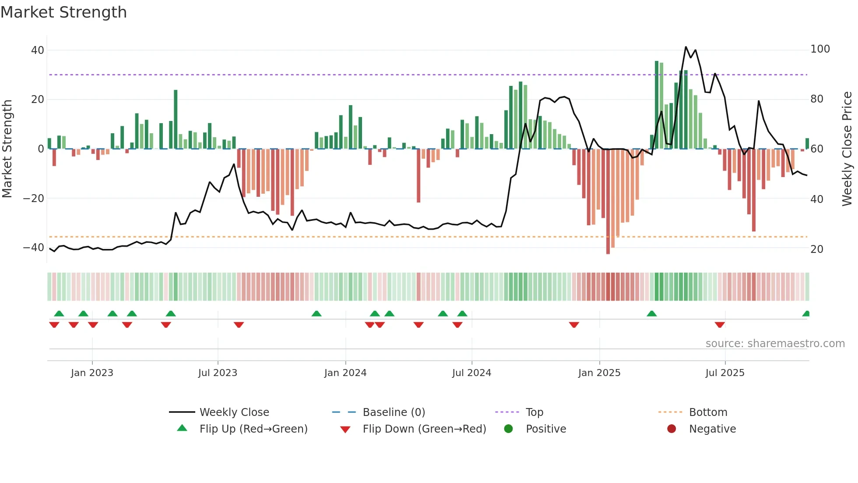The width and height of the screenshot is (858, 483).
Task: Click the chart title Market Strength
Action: pos(64,12)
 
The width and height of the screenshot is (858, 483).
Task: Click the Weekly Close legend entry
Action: pos(234,412)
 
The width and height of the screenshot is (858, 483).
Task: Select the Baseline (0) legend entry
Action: pos(394,412)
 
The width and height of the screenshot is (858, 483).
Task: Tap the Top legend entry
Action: pos(534,412)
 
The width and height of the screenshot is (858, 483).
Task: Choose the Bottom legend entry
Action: pos(708,412)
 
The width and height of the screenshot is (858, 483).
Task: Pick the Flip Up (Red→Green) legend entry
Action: pos(253,429)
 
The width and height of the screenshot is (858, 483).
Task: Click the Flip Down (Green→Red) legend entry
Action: pos(424,429)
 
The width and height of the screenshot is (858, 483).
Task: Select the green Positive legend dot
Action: pos(508,429)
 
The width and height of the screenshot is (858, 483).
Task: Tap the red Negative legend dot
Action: pos(672,429)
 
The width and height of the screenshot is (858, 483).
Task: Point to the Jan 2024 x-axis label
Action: pos(345,373)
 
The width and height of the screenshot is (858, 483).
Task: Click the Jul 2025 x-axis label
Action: pos(725,373)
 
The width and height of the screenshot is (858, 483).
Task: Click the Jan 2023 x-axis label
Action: pos(92,373)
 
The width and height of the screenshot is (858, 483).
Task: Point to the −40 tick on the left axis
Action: pos(34,248)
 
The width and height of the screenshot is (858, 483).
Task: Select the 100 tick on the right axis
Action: pos(820,49)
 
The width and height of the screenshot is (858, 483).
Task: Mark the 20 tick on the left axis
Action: pos(38,99)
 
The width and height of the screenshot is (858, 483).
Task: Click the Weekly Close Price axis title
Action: pos(847,149)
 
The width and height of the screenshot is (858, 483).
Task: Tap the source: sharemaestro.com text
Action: pos(775,344)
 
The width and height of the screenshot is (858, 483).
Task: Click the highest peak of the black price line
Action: pos(686,47)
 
